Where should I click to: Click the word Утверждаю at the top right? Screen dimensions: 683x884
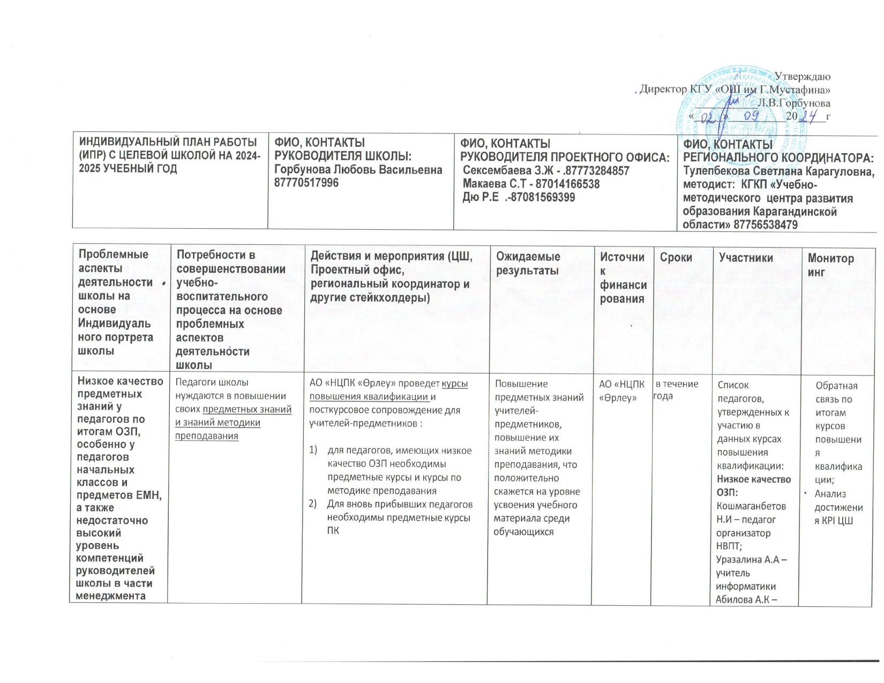pos(804,77)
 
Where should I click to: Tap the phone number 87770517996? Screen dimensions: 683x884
pos(306,183)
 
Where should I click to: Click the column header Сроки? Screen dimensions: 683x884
pos(676,258)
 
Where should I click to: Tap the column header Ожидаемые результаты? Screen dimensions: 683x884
pos(528,264)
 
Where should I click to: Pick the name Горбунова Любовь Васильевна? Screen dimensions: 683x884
pos(358,169)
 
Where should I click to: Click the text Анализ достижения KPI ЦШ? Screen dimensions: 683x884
pos(838,507)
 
